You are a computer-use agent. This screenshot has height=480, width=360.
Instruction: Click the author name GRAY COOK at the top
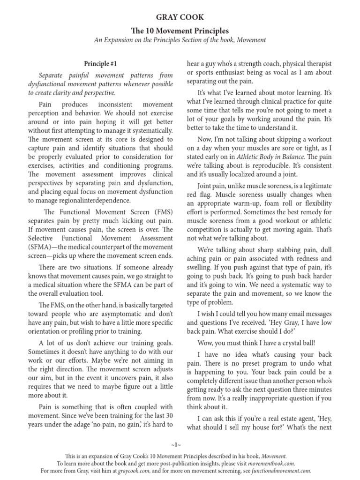(180, 17)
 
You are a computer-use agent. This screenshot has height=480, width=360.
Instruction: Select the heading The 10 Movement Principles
(180, 30)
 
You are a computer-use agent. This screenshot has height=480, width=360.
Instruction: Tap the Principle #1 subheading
(101, 63)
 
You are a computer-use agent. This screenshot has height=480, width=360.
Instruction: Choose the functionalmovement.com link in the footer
(280, 471)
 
